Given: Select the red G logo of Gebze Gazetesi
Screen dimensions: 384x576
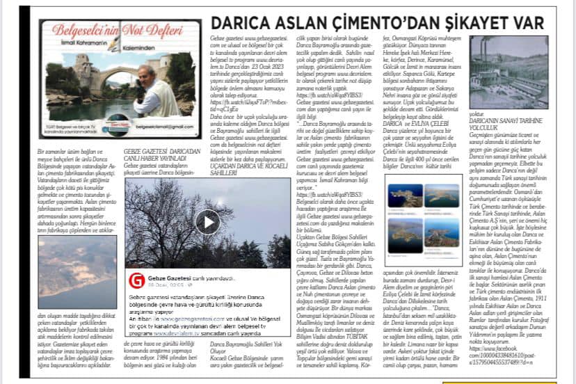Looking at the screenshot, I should [137, 281].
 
